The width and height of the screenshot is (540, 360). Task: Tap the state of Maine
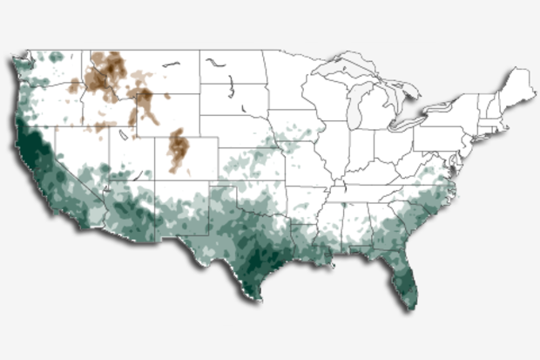coord(520,87)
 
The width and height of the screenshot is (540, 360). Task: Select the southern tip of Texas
coord(259,298)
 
